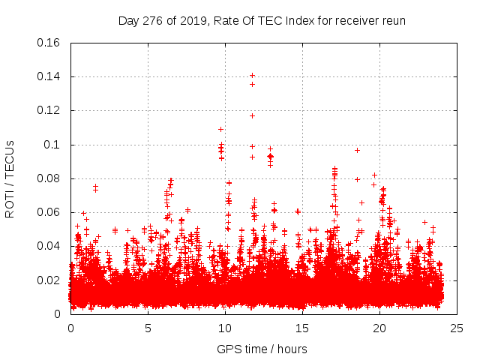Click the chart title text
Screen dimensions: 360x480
262,20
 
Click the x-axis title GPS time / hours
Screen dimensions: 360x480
262,349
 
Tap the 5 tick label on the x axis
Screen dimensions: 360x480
148,328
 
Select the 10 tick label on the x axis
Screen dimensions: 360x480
225,328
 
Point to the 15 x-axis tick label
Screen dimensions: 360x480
302,328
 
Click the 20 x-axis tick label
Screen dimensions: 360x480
379,328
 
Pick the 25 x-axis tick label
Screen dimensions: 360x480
457,328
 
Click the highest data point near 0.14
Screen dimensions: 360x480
252,75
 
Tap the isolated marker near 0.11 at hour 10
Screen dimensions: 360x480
220,129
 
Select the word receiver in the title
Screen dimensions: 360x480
355,20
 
